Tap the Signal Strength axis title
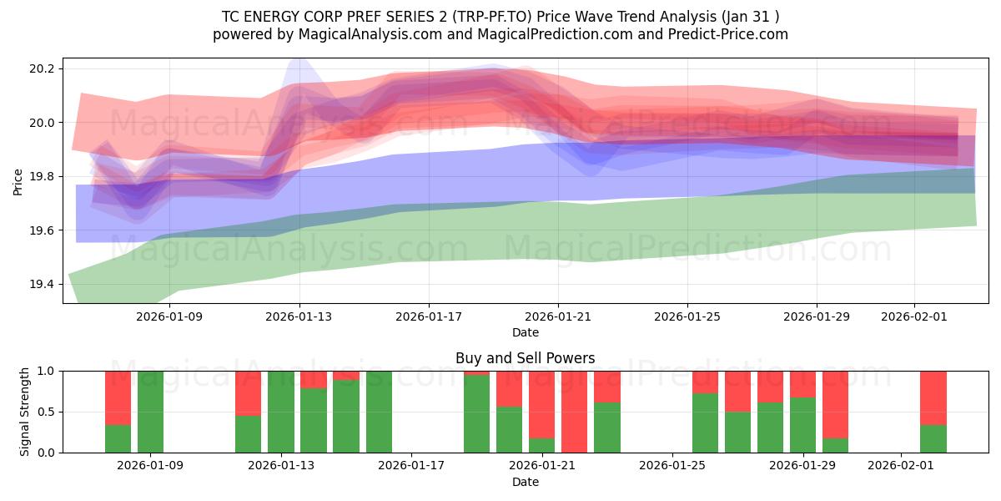point(25,412)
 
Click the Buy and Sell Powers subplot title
point(525,358)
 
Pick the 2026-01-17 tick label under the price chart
point(429,317)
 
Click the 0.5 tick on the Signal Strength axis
point(47,412)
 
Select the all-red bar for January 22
point(574,412)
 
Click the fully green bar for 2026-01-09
point(150,412)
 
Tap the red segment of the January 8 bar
point(118,397)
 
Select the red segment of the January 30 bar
point(835,404)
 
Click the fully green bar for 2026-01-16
point(379,412)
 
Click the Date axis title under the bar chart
point(525,482)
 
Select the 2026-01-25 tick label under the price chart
point(687,317)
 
